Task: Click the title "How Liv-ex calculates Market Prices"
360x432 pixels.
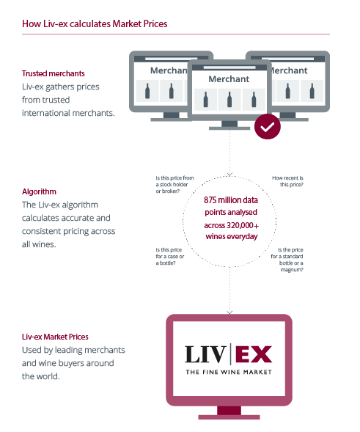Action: coord(95,24)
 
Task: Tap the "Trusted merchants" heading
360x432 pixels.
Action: coord(54,73)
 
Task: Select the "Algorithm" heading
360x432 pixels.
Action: coord(39,191)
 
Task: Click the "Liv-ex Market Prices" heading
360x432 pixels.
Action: coord(55,337)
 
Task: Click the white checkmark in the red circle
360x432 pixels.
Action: coord(268,127)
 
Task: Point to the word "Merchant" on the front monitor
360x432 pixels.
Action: coord(229,79)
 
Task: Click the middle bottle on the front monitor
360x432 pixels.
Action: coord(229,99)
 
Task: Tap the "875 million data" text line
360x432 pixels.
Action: coord(231,200)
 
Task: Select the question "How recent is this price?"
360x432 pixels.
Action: coord(287,181)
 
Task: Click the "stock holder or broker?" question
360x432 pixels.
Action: coord(175,185)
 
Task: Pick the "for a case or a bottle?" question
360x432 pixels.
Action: coord(170,257)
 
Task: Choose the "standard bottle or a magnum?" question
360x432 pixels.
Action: coord(287,260)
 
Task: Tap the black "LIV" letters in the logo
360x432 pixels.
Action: coord(205,354)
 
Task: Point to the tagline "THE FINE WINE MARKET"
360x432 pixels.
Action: coord(229,372)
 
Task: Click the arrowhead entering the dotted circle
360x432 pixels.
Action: coord(229,174)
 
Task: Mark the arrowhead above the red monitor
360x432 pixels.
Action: coord(229,312)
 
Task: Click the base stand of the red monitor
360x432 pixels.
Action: coord(229,417)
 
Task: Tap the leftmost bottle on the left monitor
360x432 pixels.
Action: coord(147,91)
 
